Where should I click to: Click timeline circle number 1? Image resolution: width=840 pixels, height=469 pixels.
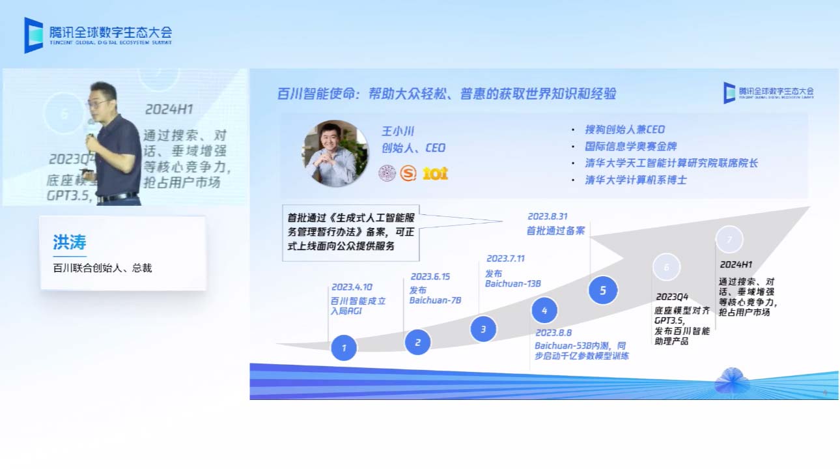344,347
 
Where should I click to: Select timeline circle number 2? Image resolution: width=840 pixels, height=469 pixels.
418,341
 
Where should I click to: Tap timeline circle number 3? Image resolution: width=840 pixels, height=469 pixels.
483,329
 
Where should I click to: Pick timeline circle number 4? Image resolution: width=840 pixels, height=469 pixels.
544,311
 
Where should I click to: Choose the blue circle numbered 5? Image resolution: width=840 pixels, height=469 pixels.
603,291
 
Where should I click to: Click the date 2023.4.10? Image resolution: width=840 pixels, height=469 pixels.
352,287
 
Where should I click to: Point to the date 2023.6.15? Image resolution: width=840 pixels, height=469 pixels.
430,276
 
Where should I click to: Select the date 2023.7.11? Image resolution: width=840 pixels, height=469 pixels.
505,259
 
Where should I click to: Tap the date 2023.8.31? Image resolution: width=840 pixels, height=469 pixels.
547,216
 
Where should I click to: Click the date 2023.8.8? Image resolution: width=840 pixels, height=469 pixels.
553,333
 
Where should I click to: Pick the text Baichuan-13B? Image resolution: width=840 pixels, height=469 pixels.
513,283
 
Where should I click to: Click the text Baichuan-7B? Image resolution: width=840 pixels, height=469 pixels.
435,300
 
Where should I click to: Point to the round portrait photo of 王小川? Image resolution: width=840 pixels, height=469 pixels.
335,154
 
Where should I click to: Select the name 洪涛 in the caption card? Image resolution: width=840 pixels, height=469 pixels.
70,242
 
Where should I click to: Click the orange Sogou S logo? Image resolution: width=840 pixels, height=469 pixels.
408,173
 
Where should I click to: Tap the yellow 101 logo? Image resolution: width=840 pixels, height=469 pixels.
435,173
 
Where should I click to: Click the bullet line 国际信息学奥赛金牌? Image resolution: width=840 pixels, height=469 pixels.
630,147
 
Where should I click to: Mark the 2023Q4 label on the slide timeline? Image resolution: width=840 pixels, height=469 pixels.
672,297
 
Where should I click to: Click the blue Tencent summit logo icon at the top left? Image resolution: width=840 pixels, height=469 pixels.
33,35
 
